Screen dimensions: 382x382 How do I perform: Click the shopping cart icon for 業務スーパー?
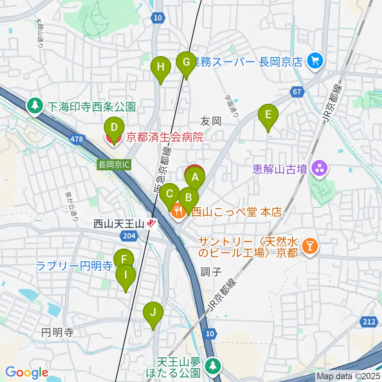click(316, 61)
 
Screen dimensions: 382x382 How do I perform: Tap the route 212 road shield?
click(370, 321)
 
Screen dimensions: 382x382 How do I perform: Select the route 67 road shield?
click(296, 92)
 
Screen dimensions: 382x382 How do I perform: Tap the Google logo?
click(27, 372)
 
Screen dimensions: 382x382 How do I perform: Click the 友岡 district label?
click(210, 121)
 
